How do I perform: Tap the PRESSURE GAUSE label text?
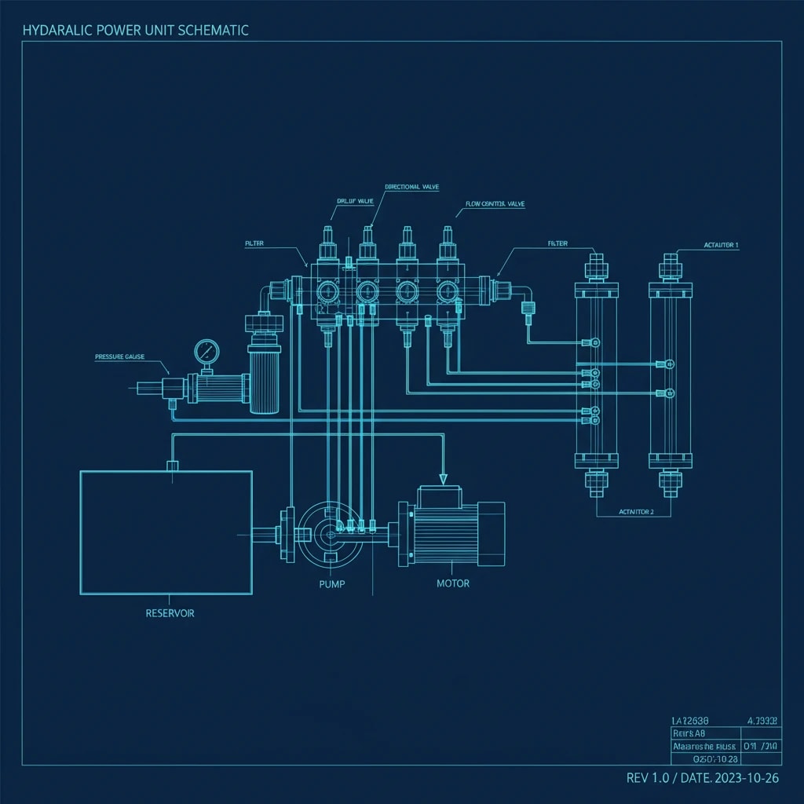119,356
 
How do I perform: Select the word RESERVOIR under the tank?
170,613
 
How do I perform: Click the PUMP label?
332,584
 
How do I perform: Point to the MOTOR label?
453,584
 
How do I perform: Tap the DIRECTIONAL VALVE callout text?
411,187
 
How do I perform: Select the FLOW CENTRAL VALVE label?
495,204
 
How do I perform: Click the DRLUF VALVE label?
355,201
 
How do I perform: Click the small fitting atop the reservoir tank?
174,466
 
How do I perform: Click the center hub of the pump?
329,535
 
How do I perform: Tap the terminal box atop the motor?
441,495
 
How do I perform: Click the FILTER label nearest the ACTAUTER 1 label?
557,244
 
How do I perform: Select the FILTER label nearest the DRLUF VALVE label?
254,244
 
